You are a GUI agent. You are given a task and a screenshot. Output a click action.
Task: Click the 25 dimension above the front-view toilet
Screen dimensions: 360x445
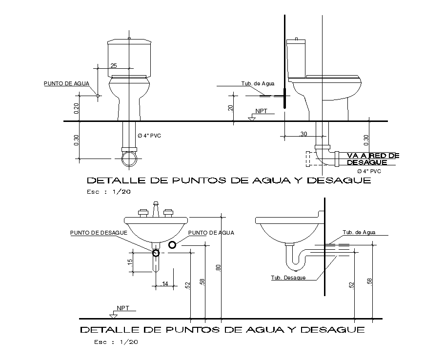(114, 65)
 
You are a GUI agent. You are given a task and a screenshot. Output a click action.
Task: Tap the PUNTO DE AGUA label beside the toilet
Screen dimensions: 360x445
(66, 83)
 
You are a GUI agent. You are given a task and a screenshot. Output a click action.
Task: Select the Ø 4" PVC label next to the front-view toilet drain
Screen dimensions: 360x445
(149, 135)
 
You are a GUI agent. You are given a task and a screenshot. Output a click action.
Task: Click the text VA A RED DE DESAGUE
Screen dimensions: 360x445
(373, 159)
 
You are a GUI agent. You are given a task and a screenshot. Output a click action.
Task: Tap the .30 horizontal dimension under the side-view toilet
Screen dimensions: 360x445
(303, 134)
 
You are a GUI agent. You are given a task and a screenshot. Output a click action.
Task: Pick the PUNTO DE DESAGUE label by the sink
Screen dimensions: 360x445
(99, 233)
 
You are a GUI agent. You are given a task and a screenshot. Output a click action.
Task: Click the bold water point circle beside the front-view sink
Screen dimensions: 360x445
(172, 244)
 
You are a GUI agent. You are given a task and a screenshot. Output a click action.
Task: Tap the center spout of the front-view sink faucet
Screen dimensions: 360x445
(156, 210)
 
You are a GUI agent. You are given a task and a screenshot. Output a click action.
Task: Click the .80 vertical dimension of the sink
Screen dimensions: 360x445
(219, 267)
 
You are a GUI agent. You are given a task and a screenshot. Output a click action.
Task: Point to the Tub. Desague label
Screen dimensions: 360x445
(288, 278)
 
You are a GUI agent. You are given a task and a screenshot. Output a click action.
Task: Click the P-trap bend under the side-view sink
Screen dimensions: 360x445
(295, 264)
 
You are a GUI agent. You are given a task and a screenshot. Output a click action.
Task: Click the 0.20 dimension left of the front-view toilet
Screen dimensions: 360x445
(76, 109)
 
